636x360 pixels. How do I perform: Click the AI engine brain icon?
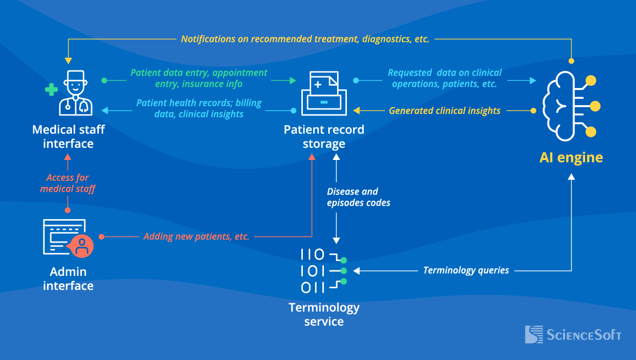(x=570, y=106)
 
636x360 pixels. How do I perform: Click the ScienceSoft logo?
(x=573, y=335)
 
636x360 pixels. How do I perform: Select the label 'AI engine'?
(x=571, y=157)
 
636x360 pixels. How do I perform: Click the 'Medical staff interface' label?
(x=68, y=136)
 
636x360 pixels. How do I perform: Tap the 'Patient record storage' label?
(x=324, y=136)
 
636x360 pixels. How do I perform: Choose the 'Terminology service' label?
(x=324, y=315)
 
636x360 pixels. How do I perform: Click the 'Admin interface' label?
(x=68, y=278)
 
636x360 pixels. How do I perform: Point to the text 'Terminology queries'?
(x=466, y=270)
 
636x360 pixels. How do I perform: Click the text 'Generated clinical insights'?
(x=444, y=111)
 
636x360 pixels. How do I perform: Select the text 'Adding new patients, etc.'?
(x=196, y=237)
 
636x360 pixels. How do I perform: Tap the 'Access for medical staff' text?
(x=68, y=183)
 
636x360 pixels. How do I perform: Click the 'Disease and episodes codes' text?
(x=358, y=197)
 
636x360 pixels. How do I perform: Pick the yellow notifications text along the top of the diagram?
(x=305, y=39)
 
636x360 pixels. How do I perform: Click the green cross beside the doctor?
(x=51, y=90)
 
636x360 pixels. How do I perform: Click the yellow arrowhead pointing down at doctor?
(x=68, y=61)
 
